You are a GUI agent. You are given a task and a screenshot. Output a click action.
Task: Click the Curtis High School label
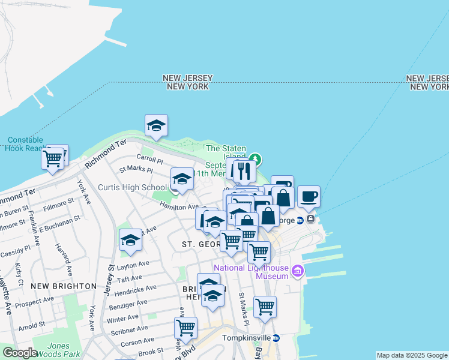tap(132, 188)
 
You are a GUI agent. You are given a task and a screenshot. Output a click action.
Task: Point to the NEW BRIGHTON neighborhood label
tap(64, 286)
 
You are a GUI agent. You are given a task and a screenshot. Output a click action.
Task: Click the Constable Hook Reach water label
tap(24, 144)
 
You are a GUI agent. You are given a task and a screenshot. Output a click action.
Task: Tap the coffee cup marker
tap(309, 197)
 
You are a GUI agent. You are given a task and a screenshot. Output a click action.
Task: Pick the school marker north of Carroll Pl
tap(156, 125)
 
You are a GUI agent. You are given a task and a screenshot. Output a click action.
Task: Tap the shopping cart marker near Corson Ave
tap(186, 328)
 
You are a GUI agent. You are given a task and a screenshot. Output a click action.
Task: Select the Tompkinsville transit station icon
tap(276, 338)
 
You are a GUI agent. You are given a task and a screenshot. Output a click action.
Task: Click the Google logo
tap(20, 353)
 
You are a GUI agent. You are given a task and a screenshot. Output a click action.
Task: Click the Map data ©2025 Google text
tap(411, 355)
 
